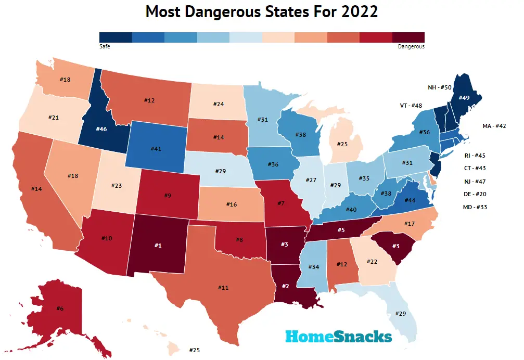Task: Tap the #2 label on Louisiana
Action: pos(285,286)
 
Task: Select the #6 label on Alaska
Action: pos(60,308)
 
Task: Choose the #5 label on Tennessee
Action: pos(341,229)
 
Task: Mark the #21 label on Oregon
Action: pos(53,118)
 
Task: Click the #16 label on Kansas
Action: pos(232,205)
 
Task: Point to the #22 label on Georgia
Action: pos(374,262)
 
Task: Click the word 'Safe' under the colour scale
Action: pos(105,46)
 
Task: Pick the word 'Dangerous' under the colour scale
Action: pos(411,46)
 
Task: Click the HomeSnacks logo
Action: pos(338,337)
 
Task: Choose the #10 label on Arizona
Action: pos(106,238)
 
